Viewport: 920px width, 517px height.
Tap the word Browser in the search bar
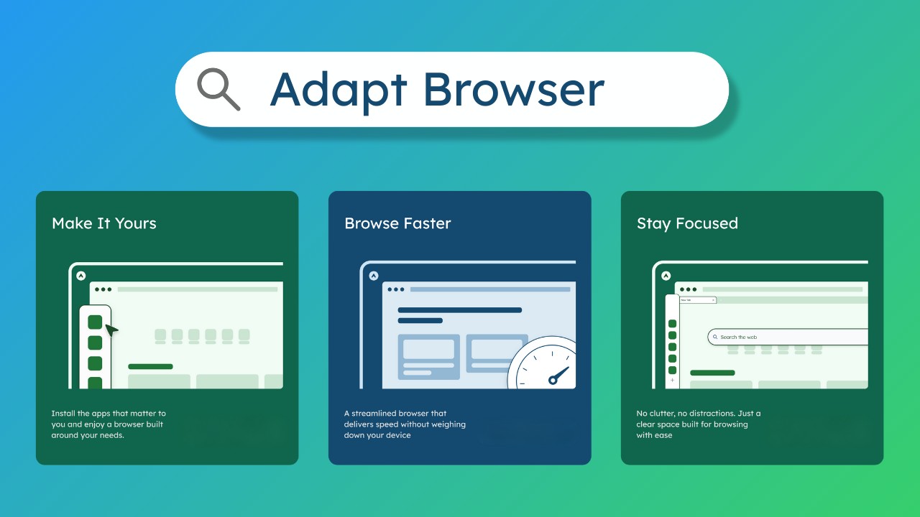coord(513,90)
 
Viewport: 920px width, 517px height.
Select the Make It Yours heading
coord(104,223)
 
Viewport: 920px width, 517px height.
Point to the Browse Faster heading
coord(397,223)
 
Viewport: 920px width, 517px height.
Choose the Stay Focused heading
coord(687,223)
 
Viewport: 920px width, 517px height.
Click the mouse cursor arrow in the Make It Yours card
coord(111,330)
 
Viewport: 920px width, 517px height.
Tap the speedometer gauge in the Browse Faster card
coord(545,365)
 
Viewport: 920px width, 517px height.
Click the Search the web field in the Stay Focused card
coord(787,337)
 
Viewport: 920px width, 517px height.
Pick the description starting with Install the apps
coord(109,424)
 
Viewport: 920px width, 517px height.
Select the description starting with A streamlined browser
coord(405,424)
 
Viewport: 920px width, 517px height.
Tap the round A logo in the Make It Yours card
coord(81,276)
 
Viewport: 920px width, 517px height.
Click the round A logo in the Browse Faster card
coord(373,276)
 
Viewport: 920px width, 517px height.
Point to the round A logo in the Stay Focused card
coord(666,276)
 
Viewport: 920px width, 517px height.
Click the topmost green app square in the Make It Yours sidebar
coord(95,322)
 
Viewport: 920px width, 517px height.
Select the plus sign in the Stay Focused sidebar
coord(672,381)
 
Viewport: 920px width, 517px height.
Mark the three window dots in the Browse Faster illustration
coord(396,289)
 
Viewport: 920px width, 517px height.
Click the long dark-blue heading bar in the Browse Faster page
coord(459,310)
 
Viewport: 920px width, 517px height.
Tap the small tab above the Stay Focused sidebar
coord(697,300)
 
